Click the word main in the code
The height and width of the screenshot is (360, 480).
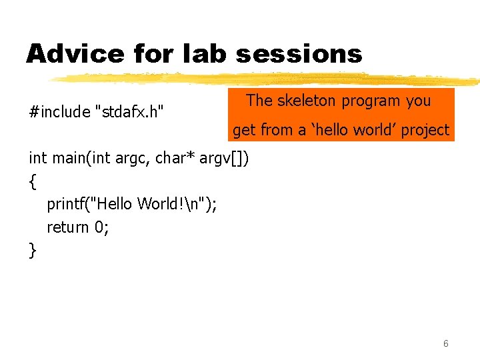(x=69, y=158)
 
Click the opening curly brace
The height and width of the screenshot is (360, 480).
(x=32, y=180)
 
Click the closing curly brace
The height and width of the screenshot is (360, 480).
(x=32, y=251)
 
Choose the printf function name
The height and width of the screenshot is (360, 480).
(x=65, y=204)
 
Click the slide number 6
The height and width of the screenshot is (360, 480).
(x=445, y=344)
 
